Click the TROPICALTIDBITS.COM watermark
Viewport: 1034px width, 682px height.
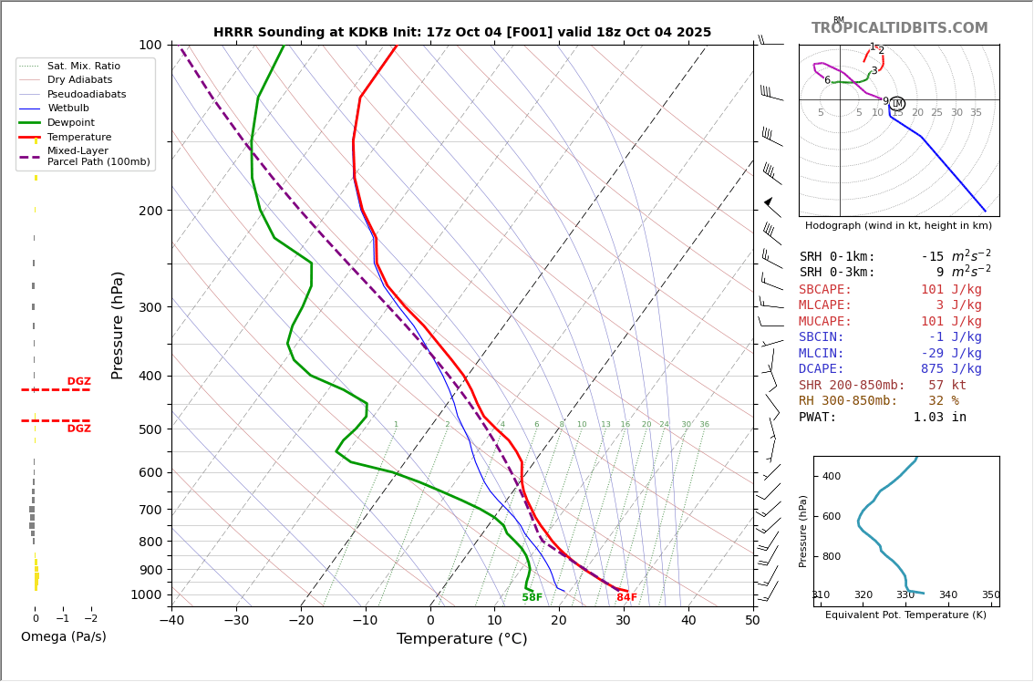click(x=899, y=28)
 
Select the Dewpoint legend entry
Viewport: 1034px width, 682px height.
click(x=72, y=122)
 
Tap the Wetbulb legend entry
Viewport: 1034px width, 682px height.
click(x=68, y=108)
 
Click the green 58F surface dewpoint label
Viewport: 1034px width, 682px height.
click(x=532, y=597)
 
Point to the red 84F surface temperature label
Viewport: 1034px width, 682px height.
click(x=626, y=597)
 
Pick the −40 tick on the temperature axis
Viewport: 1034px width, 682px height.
click(x=171, y=622)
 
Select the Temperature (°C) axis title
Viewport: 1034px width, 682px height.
click(x=461, y=639)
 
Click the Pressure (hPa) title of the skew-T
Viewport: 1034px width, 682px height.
click(x=118, y=325)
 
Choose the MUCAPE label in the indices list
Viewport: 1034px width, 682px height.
click(x=825, y=321)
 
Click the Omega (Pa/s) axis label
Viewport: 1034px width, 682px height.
click(x=63, y=636)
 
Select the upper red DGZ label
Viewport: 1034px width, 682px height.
click(x=78, y=381)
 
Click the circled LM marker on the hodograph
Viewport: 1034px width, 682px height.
click(x=896, y=103)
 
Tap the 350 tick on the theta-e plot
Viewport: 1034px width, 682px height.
click(x=990, y=594)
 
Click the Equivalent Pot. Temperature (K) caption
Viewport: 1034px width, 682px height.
click(x=905, y=615)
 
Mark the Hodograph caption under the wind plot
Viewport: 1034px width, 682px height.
click(x=898, y=225)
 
